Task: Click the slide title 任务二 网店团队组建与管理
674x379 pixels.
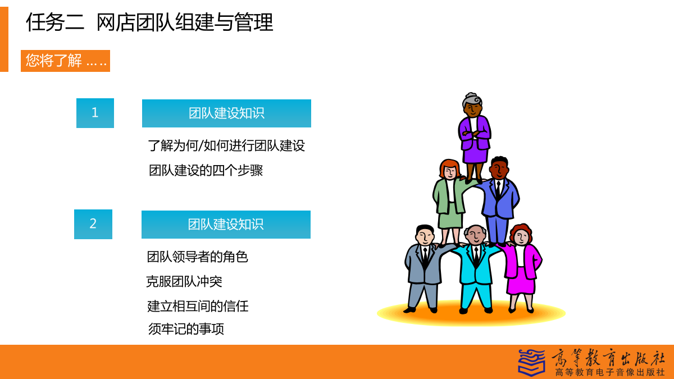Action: coord(149,22)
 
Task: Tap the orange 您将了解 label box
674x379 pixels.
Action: coord(65,61)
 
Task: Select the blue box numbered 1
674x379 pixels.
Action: coord(95,113)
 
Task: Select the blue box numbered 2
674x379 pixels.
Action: coord(93,224)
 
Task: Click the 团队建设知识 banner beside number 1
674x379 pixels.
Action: coord(226,113)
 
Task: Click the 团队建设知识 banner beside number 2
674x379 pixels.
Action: coord(226,225)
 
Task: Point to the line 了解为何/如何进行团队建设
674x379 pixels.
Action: coord(226,146)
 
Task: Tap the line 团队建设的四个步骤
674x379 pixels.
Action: coord(206,171)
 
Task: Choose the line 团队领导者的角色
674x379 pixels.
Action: coord(197,257)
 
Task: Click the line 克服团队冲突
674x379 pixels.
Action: coord(184,282)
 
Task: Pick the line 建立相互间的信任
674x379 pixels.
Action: coord(198,306)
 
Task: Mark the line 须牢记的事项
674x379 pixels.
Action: coord(186,329)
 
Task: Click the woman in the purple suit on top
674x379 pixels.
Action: coord(475,137)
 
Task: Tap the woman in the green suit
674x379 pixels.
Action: coord(449,202)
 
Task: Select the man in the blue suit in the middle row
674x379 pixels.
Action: coord(499,200)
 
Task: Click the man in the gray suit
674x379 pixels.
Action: coord(423,268)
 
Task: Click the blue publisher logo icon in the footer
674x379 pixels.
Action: coord(531,363)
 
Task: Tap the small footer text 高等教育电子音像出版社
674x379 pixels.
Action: coord(609,372)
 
